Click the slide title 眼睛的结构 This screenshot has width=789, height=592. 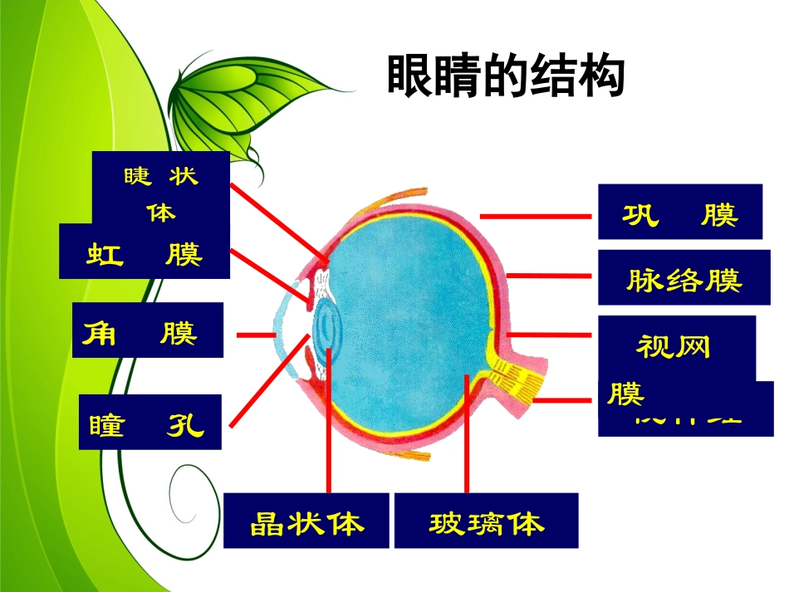tap(505, 77)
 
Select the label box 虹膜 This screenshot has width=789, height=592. tap(144, 253)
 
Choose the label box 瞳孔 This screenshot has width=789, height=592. tap(150, 423)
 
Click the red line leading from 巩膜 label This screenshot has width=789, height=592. tap(535, 215)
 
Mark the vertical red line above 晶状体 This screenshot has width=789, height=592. tap(330, 423)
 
